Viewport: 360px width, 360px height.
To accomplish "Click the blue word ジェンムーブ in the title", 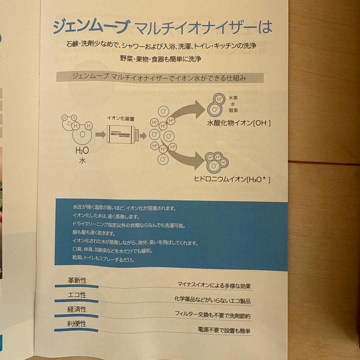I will (91, 27).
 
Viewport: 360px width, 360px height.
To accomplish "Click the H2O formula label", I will (82, 151).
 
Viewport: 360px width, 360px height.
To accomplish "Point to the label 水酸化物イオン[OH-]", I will (239, 124).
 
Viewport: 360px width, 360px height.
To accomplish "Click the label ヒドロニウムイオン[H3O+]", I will (232, 180).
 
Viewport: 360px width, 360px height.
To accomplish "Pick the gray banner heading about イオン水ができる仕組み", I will (160, 77).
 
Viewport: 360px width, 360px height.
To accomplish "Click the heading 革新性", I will (77, 280).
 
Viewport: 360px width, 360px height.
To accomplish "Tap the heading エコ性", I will (77, 295).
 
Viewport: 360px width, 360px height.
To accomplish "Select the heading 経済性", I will (77, 309).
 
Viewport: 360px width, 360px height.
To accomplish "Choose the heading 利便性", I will (77, 324).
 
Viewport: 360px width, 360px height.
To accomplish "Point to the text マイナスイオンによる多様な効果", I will (214, 286).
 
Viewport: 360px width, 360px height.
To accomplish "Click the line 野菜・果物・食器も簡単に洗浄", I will (160, 59).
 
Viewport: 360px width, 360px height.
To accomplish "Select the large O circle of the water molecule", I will (82, 135).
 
